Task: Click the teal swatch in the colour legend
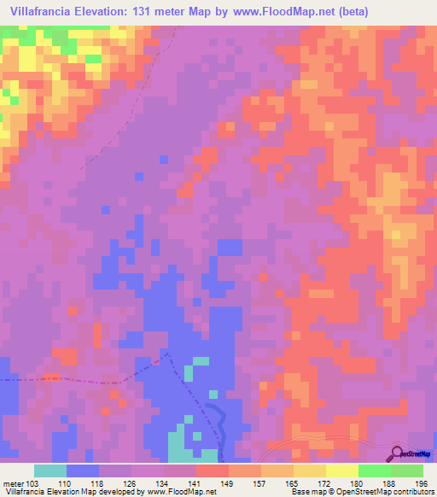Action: click(x=50, y=471)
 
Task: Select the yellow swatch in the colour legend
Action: click(x=341, y=471)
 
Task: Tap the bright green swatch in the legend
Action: click(x=373, y=471)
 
